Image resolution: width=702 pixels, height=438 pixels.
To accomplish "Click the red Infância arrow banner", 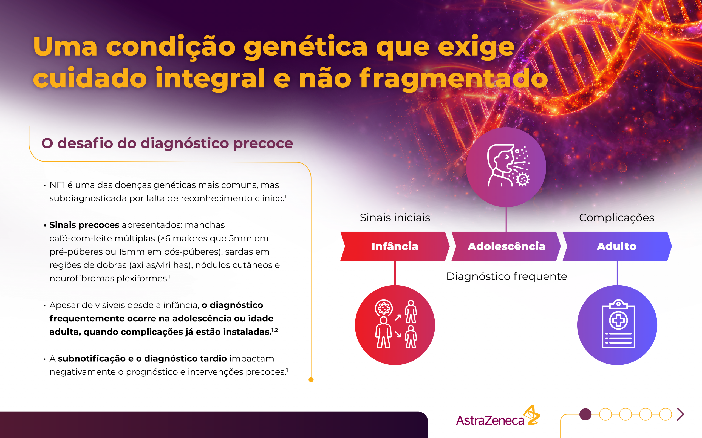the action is tap(395, 246).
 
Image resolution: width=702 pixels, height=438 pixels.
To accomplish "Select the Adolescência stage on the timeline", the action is tap(506, 246).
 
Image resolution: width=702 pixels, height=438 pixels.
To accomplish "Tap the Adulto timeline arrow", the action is tap(617, 246).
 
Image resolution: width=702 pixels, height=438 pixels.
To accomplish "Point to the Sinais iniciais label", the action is tap(395, 218).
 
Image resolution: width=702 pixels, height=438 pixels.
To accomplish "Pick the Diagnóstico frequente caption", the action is tap(506, 277).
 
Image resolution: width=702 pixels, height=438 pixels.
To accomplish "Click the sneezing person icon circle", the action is tap(506, 167).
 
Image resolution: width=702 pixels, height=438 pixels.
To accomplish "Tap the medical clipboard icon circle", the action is tap(617, 325).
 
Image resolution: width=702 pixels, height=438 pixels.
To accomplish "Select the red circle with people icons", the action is tap(395, 325).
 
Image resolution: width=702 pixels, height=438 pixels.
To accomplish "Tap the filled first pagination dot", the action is tap(585, 414).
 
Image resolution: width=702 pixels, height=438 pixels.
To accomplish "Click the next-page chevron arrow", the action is tap(681, 414).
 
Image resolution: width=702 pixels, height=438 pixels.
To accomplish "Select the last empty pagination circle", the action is tap(666, 414).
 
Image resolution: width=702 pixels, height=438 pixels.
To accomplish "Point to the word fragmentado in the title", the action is tap(454, 78).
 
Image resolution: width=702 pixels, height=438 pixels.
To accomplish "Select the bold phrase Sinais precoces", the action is tap(84, 225).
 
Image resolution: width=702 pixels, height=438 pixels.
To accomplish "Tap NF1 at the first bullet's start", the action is tap(57, 185).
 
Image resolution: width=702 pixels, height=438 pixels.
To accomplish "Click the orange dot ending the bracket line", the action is tap(311, 379).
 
